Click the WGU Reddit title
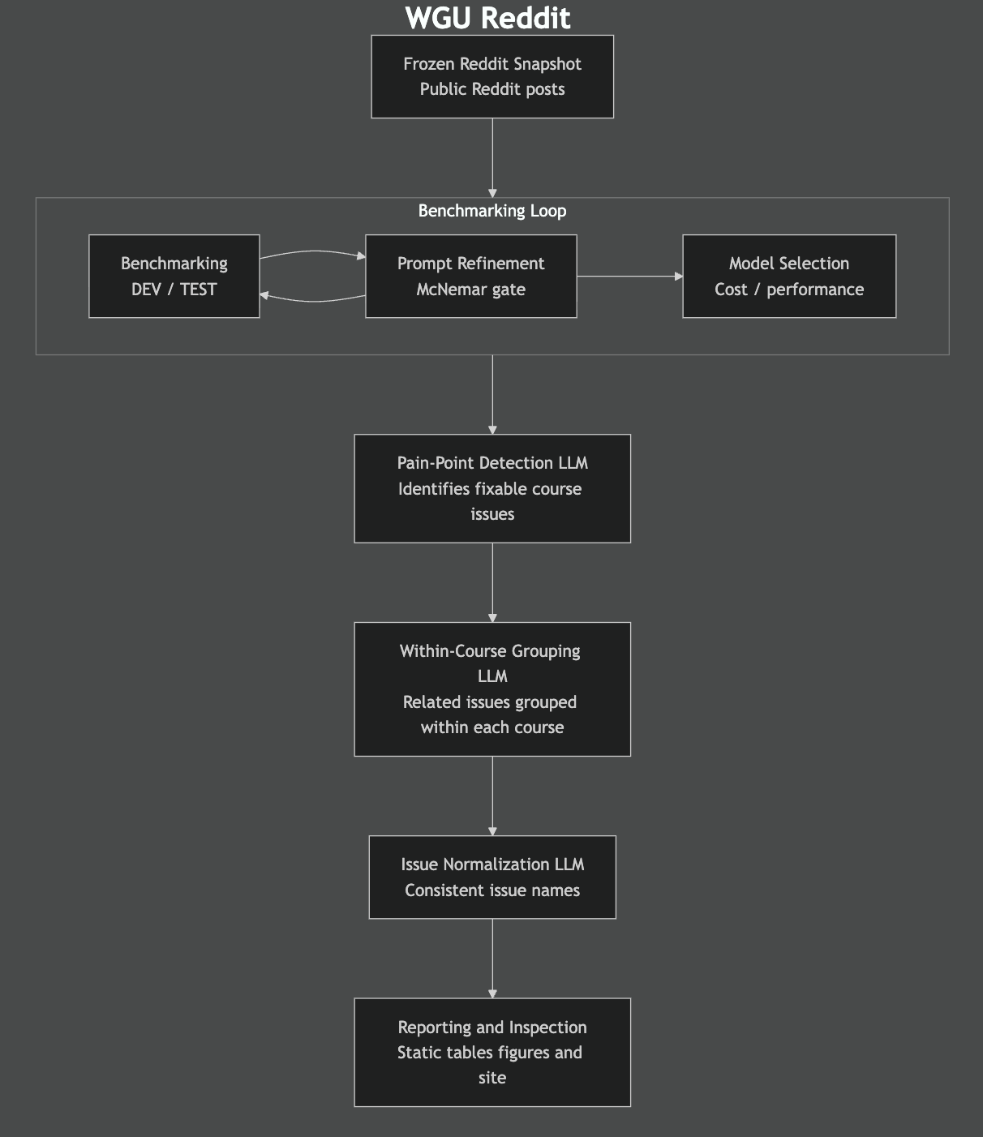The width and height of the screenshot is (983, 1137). pyautogui.click(x=487, y=18)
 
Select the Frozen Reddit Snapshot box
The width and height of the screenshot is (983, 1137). pyautogui.click(x=492, y=76)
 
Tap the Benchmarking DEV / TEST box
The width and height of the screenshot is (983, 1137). pyautogui.click(x=174, y=277)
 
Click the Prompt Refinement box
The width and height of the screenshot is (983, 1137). pyautogui.click(x=470, y=277)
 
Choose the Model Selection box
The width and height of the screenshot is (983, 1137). pyautogui.click(x=789, y=277)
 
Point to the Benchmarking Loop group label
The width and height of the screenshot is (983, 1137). pyautogui.click(x=492, y=211)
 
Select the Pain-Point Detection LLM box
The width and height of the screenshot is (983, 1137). pyautogui.click(x=492, y=488)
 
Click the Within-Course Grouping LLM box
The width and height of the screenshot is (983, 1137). pyautogui.click(x=492, y=689)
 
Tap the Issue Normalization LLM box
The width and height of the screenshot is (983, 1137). pyautogui.click(x=492, y=877)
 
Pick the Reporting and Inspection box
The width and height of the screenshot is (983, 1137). pyautogui.click(x=492, y=1052)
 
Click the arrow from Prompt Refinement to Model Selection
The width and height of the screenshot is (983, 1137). pyautogui.click(x=629, y=277)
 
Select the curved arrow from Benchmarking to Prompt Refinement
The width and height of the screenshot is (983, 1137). pyautogui.click(x=312, y=252)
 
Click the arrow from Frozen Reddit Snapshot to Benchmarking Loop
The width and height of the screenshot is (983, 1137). pyautogui.click(x=492, y=158)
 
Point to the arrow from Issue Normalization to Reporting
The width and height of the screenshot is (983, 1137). pyautogui.click(x=492, y=958)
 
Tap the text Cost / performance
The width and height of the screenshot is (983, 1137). pyautogui.click(x=789, y=290)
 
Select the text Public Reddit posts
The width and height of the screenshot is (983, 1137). pyautogui.click(x=492, y=89)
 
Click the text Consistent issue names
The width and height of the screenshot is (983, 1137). pyautogui.click(x=492, y=890)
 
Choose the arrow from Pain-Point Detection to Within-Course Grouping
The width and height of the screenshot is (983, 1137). pyautogui.click(x=492, y=582)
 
